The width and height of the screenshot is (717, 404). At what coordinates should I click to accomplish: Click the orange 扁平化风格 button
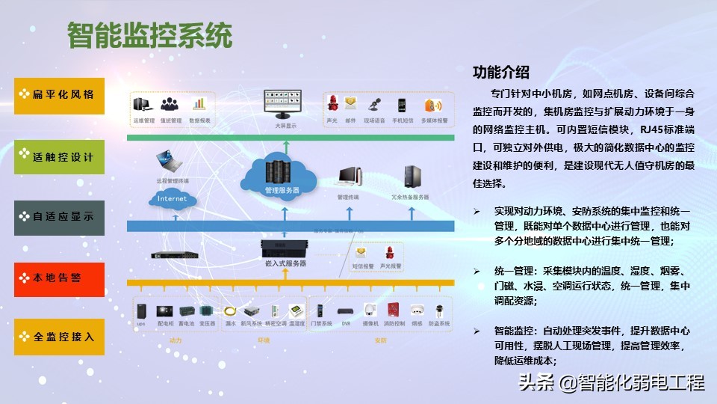point(59,95)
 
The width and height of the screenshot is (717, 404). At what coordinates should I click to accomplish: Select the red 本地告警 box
point(59,278)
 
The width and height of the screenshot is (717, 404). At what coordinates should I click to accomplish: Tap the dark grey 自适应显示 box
point(59,217)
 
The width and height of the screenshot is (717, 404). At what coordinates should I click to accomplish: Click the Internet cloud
point(173,199)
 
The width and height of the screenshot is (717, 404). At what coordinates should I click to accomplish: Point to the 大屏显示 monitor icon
point(281,105)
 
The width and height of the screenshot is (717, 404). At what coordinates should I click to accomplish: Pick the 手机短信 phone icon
point(401,105)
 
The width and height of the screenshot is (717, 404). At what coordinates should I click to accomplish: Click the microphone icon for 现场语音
point(375,105)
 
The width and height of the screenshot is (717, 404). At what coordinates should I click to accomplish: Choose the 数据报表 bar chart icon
point(199,105)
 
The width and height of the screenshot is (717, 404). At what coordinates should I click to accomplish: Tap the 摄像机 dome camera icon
point(369,310)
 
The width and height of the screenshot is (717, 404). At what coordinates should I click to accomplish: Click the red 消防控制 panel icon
point(393,310)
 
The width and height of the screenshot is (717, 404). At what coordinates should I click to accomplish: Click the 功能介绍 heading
point(501,73)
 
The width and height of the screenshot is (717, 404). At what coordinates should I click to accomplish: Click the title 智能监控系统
point(150,34)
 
